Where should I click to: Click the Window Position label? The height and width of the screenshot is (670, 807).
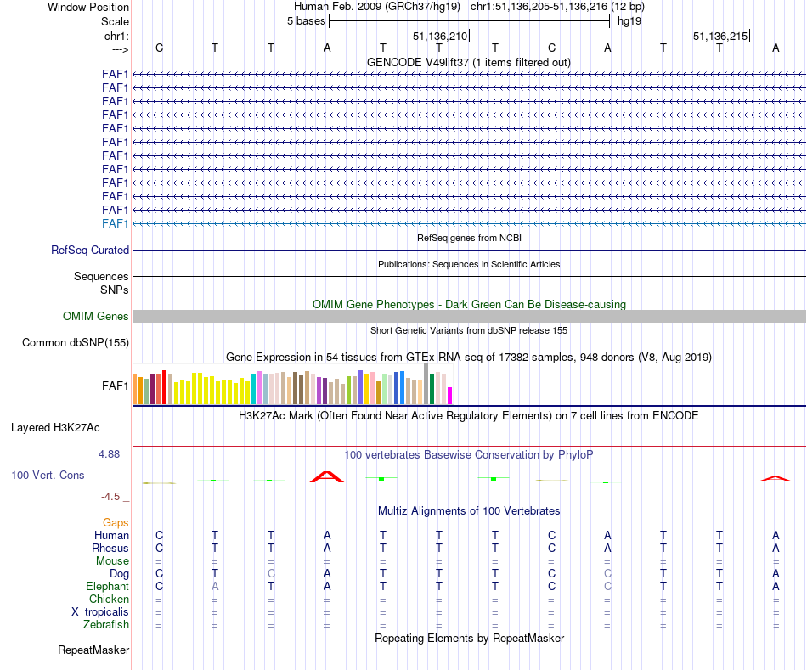88,7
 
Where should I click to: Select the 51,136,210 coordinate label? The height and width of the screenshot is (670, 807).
440,37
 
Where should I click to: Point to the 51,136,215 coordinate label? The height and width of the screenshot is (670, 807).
720,37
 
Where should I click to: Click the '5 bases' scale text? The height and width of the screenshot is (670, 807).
306,21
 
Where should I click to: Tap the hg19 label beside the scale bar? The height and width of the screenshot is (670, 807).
629,21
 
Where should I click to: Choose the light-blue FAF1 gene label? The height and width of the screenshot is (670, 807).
116,223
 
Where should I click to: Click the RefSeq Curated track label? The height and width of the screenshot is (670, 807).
90,251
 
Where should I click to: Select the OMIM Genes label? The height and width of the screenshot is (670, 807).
96,317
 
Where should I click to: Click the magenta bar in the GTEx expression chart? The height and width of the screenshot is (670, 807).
450,395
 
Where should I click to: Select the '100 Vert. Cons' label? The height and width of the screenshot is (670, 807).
48,476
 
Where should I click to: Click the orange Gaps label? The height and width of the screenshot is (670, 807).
116,523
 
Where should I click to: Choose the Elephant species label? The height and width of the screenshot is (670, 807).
107,587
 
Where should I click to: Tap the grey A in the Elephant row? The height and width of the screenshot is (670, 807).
215,587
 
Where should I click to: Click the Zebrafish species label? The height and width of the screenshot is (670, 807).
106,625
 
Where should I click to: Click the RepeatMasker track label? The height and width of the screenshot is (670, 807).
93,650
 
